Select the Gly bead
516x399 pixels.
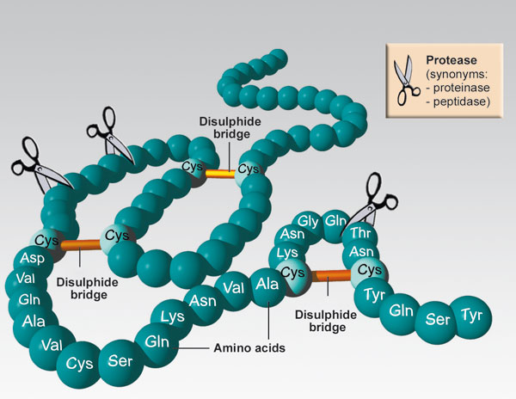click(x=308, y=222)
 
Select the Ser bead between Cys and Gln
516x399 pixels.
click(x=114, y=359)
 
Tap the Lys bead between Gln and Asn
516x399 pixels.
click(x=173, y=317)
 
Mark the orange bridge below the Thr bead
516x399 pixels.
click(x=330, y=275)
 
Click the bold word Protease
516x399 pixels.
click(x=452, y=60)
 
